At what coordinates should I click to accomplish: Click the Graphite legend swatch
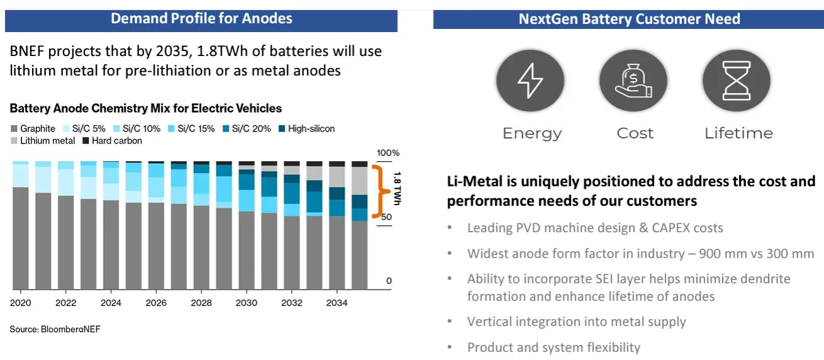pos(14,129)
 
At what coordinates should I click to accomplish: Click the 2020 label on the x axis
pos(20,303)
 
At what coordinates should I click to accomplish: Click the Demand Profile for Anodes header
pos(201,18)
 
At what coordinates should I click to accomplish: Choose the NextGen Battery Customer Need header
pos(629,19)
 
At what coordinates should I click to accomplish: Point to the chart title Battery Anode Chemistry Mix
pos(145,109)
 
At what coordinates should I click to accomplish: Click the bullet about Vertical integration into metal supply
pos(576,322)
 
